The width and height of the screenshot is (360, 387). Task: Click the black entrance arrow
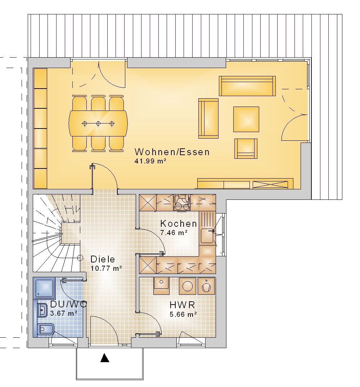(105, 358)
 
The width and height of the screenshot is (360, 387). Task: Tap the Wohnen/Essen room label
(172, 152)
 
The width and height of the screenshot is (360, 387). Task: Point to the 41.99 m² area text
(150, 161)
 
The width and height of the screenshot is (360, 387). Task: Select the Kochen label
(179, 224)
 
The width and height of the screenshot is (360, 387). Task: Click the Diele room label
(103, 259)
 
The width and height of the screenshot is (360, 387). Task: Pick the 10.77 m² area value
(106, 268)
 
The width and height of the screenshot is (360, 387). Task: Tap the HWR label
(183, 305)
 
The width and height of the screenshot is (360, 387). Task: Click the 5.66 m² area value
(183, 314)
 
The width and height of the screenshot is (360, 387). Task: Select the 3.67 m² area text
(64, 313)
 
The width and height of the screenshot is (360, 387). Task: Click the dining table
(98, 123)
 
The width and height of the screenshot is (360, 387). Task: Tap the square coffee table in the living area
(246, 119)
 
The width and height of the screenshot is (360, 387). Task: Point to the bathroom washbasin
(42, 310)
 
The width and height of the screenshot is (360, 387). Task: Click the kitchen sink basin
(207, 236)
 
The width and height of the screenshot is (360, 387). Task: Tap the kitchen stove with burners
(182, 202)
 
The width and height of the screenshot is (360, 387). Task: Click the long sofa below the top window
(247, 86)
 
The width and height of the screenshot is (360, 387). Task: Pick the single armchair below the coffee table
(246, 149)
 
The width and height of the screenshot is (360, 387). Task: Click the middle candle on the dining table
(98, 123)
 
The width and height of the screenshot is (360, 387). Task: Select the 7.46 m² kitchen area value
(174, 233)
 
